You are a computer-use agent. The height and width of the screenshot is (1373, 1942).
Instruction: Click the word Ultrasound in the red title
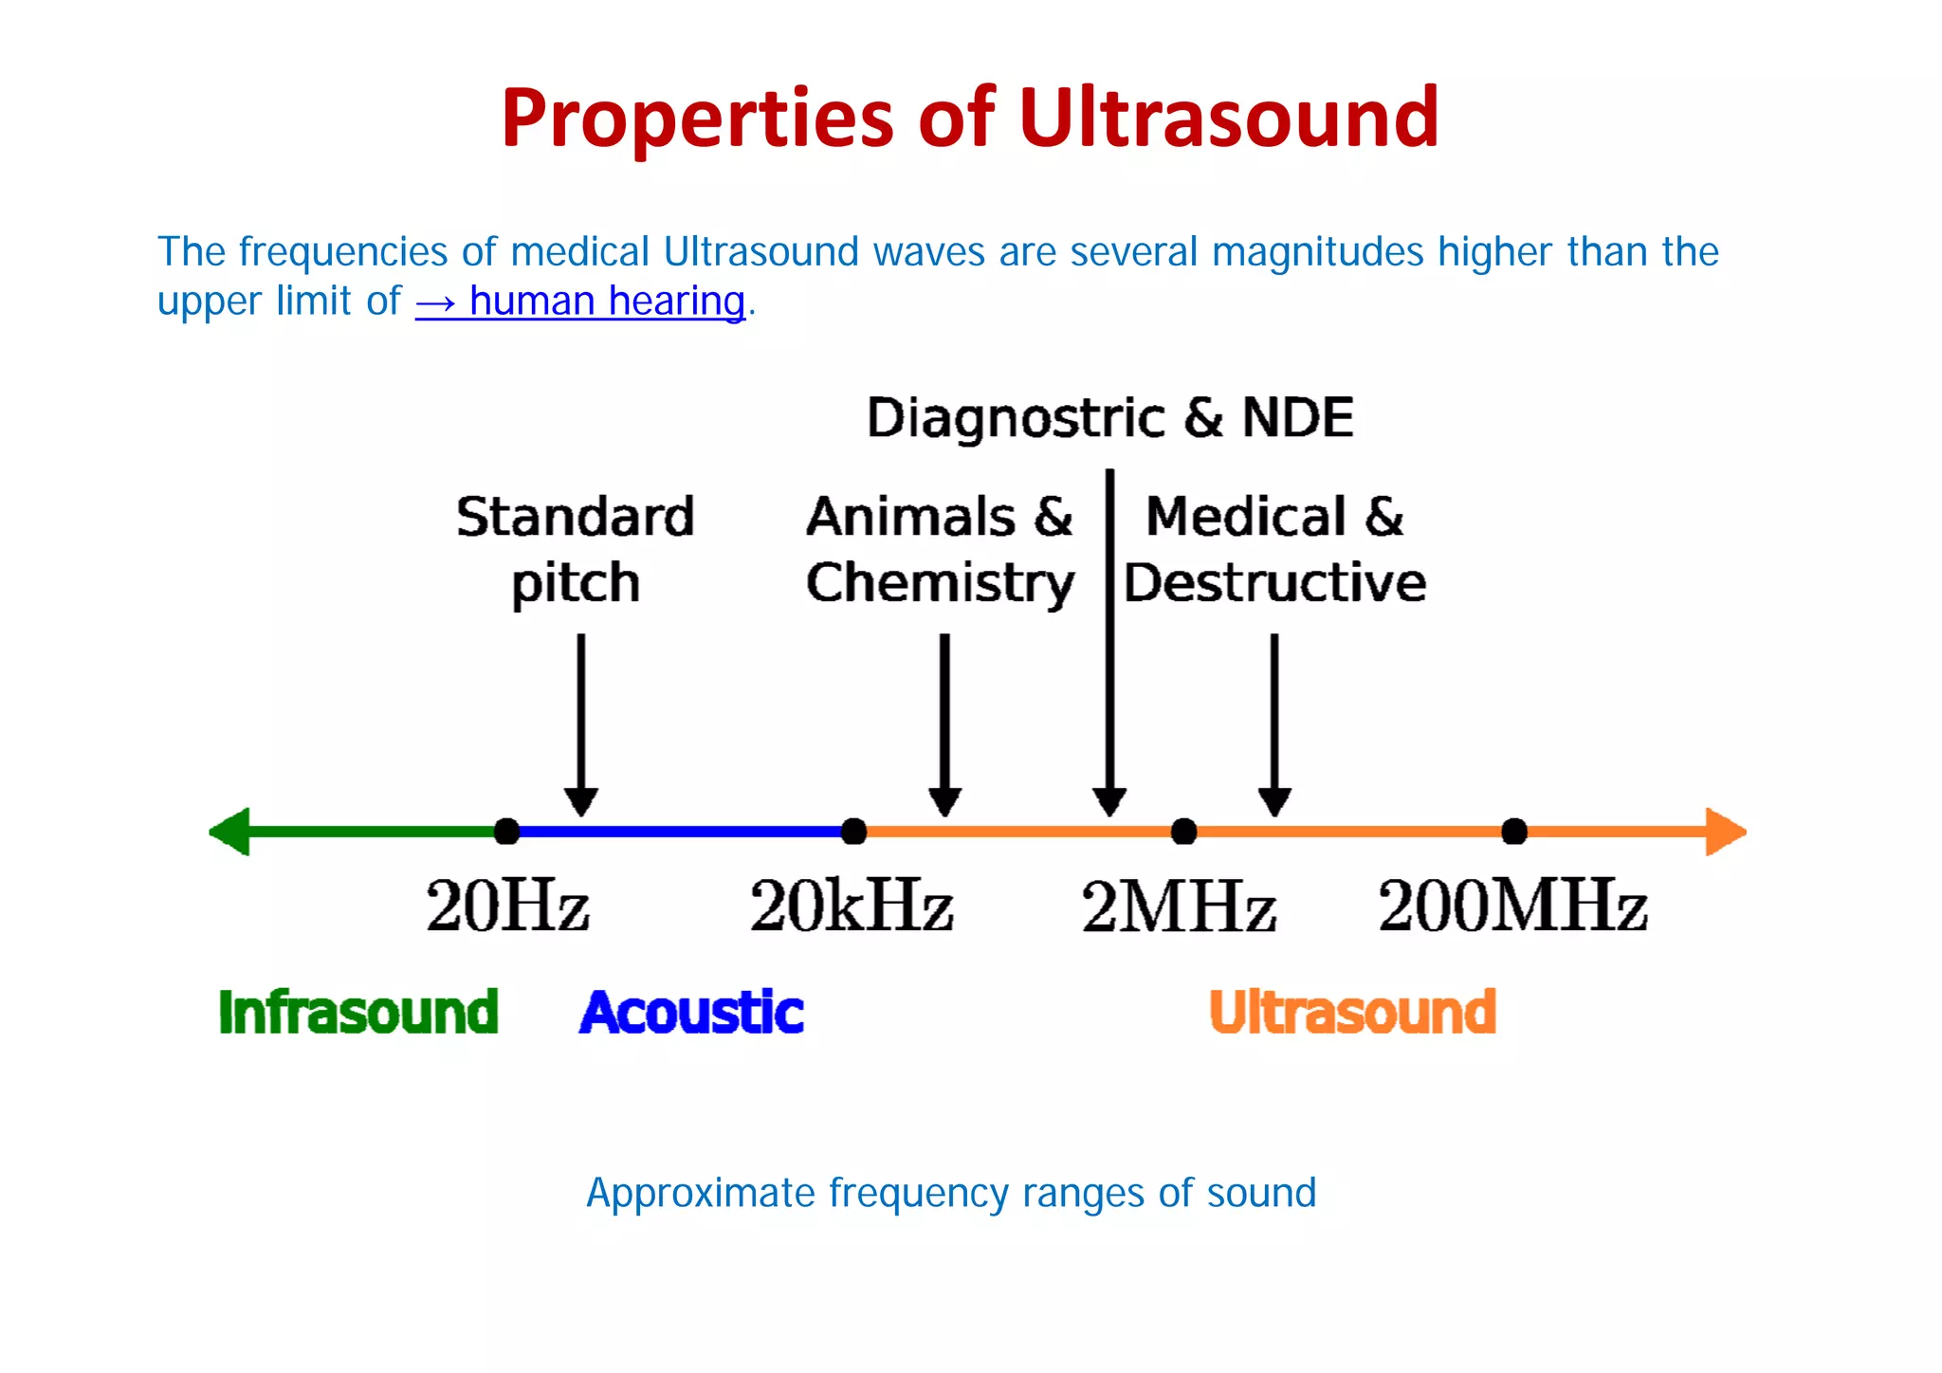pyautogui.click(x=1228, y=118)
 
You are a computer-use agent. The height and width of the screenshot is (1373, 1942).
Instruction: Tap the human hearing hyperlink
pyautogui.click(x=580, y=302)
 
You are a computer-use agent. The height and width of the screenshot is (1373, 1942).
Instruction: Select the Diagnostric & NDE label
pyautogui.click(x=1109, y=417)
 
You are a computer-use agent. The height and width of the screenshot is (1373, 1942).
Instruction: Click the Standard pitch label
pyautogui.click(x=576, y=549)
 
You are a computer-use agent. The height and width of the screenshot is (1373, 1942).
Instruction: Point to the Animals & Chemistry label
pyautogui.click(x=940, y=549)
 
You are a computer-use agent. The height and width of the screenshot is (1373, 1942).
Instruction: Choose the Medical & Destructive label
pyautogui.click(x=1274, y=549)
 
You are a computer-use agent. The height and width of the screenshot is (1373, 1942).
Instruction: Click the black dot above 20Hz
pyautogui.click(x=507, y=832)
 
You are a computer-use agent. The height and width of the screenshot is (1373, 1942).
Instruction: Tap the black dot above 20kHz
pyautogui.click(x=853, y=832)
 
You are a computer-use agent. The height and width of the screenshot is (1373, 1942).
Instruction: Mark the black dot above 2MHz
pyautogui.click(x=1183, y=832)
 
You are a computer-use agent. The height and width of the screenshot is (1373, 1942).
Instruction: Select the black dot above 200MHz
pyautogui.click(x=1514, y=832)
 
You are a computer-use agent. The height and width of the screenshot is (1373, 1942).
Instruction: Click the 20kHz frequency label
pyautogui.click(x=851, y=906)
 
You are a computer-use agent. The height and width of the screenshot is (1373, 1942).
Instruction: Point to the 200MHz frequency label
pyautogui.click(x=1512, y=906)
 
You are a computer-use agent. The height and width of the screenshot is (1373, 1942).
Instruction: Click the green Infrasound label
pyautogui.click(x=358, y=1012)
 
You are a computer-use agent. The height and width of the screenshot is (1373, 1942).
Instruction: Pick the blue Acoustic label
pyautogui.click(x=691, y=1012)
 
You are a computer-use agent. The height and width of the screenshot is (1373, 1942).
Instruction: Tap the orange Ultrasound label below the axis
pyautogui.click(x=1352, y=1012)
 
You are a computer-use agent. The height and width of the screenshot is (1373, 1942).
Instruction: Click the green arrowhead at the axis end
pyautogui.click(x=230, y=832)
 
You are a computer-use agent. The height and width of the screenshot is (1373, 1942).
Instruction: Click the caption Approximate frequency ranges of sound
pyautogui.click(x=951, y=1193)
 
